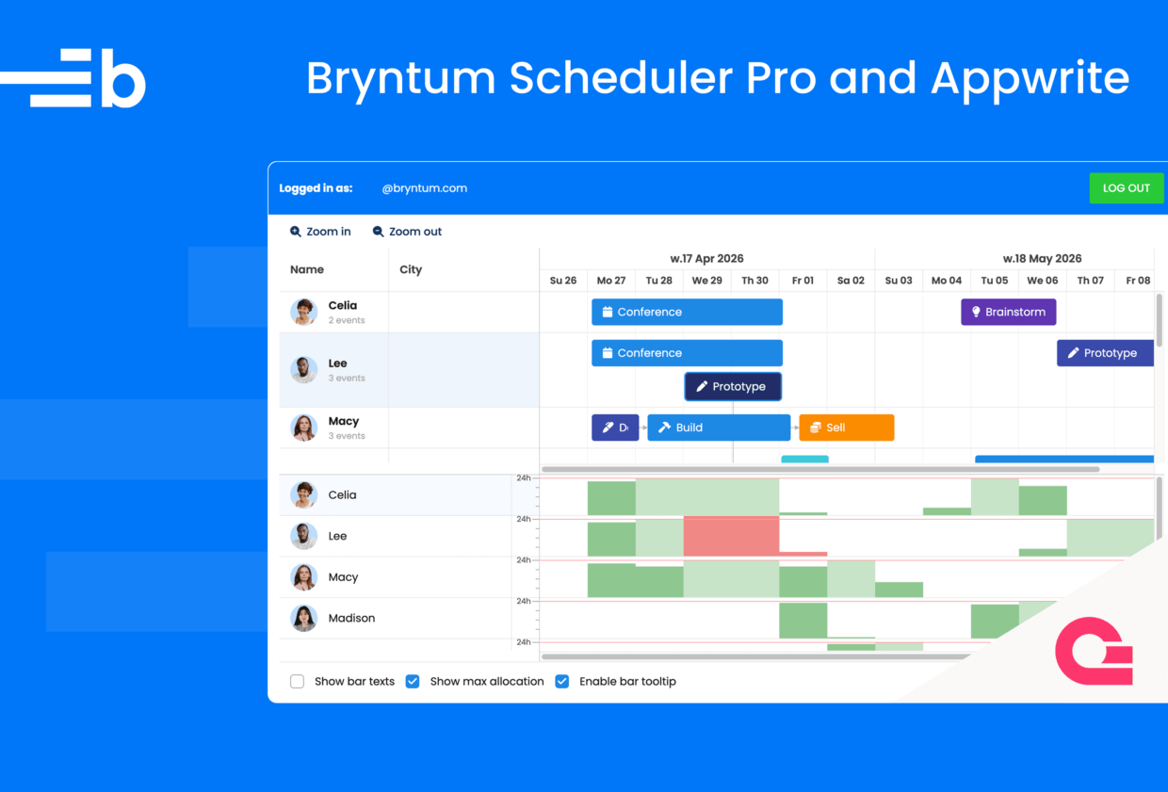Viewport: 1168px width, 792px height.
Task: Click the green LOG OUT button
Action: click(1127, 187)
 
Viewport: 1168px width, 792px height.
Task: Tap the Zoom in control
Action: click(320, 232)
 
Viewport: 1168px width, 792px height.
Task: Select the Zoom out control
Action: click(407, 232)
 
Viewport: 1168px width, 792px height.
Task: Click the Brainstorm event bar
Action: click(1009, 312)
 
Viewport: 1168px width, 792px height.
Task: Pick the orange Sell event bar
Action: click(846, 428)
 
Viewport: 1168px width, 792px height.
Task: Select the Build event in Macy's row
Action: click(719, 428)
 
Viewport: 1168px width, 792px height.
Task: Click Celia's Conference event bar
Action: click(687, 312)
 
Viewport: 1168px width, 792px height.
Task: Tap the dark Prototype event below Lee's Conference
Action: click(733, 386)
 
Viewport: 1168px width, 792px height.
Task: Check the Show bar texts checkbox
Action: click(298, 682)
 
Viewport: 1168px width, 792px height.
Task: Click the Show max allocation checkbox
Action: click(413, 682)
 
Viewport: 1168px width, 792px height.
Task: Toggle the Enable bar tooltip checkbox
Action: click(562, 682)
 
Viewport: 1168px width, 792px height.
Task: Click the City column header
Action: click(411, 269)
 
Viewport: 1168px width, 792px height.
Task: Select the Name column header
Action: click(307, 269)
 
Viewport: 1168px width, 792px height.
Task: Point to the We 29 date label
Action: click(706, 281)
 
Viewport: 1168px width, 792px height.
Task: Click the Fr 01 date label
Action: click(803, 281)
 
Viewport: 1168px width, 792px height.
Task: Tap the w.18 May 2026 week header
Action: click(1042, 259)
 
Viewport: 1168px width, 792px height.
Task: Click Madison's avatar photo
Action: click(304, 618)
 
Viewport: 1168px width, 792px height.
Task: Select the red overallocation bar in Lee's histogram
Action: click(731, 536)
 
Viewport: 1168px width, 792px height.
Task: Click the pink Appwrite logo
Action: click(1094, 651)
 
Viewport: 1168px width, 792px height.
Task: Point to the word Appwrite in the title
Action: click(1030, 79)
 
